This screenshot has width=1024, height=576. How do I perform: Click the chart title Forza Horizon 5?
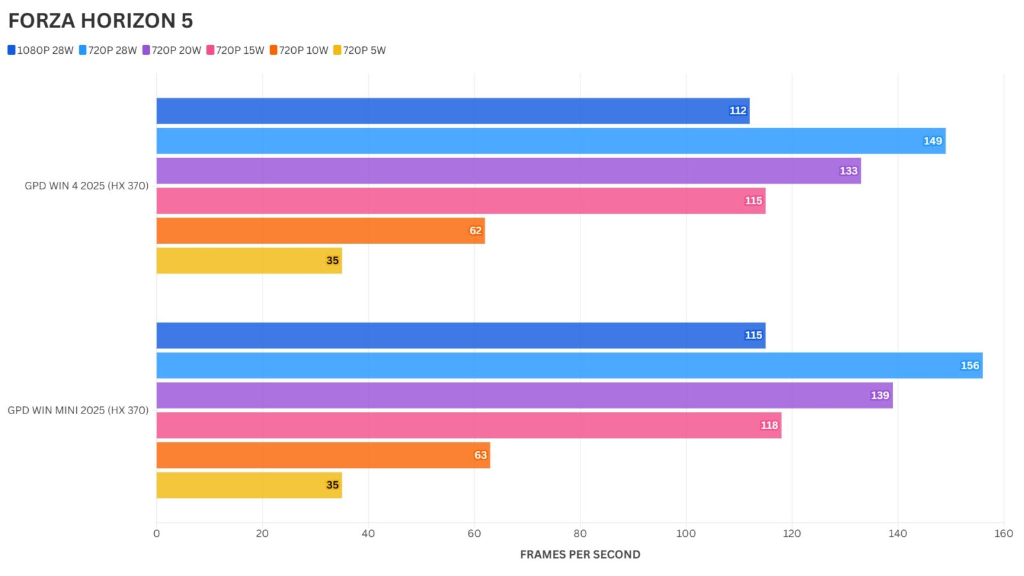click(x=100, y=21)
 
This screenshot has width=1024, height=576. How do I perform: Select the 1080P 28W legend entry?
click(x=40, y=50)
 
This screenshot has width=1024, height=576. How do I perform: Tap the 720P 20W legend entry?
click(x=172, y=50)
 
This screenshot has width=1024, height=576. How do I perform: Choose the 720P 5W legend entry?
click(x=360, y=50)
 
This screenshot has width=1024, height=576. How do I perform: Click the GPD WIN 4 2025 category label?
click(x=86, y=186)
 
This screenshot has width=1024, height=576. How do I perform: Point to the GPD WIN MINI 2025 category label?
click(x=78, y=410)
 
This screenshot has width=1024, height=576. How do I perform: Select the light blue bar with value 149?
click(x=550, y=141)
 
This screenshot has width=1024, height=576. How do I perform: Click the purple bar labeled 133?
click(x=508, y=171)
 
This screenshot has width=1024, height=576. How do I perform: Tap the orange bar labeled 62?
click(x=320, y=230)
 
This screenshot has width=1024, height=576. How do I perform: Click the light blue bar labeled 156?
click(x=569, y=365)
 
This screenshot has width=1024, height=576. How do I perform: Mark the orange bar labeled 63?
click(x=323, y=455)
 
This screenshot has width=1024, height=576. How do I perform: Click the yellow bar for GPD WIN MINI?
click(x=249, y=485)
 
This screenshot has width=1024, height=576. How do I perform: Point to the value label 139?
click(x=880, y=396)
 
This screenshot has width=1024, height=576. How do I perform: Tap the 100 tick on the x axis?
click(x=685, y=534)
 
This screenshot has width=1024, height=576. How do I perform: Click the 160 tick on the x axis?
click(x=1004, y=534)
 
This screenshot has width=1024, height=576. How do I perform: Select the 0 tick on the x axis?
click(x=157, y=534)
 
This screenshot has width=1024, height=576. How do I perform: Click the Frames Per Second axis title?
click(x=580, y=555)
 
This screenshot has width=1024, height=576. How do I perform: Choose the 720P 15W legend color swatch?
click(x=210, y=50)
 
